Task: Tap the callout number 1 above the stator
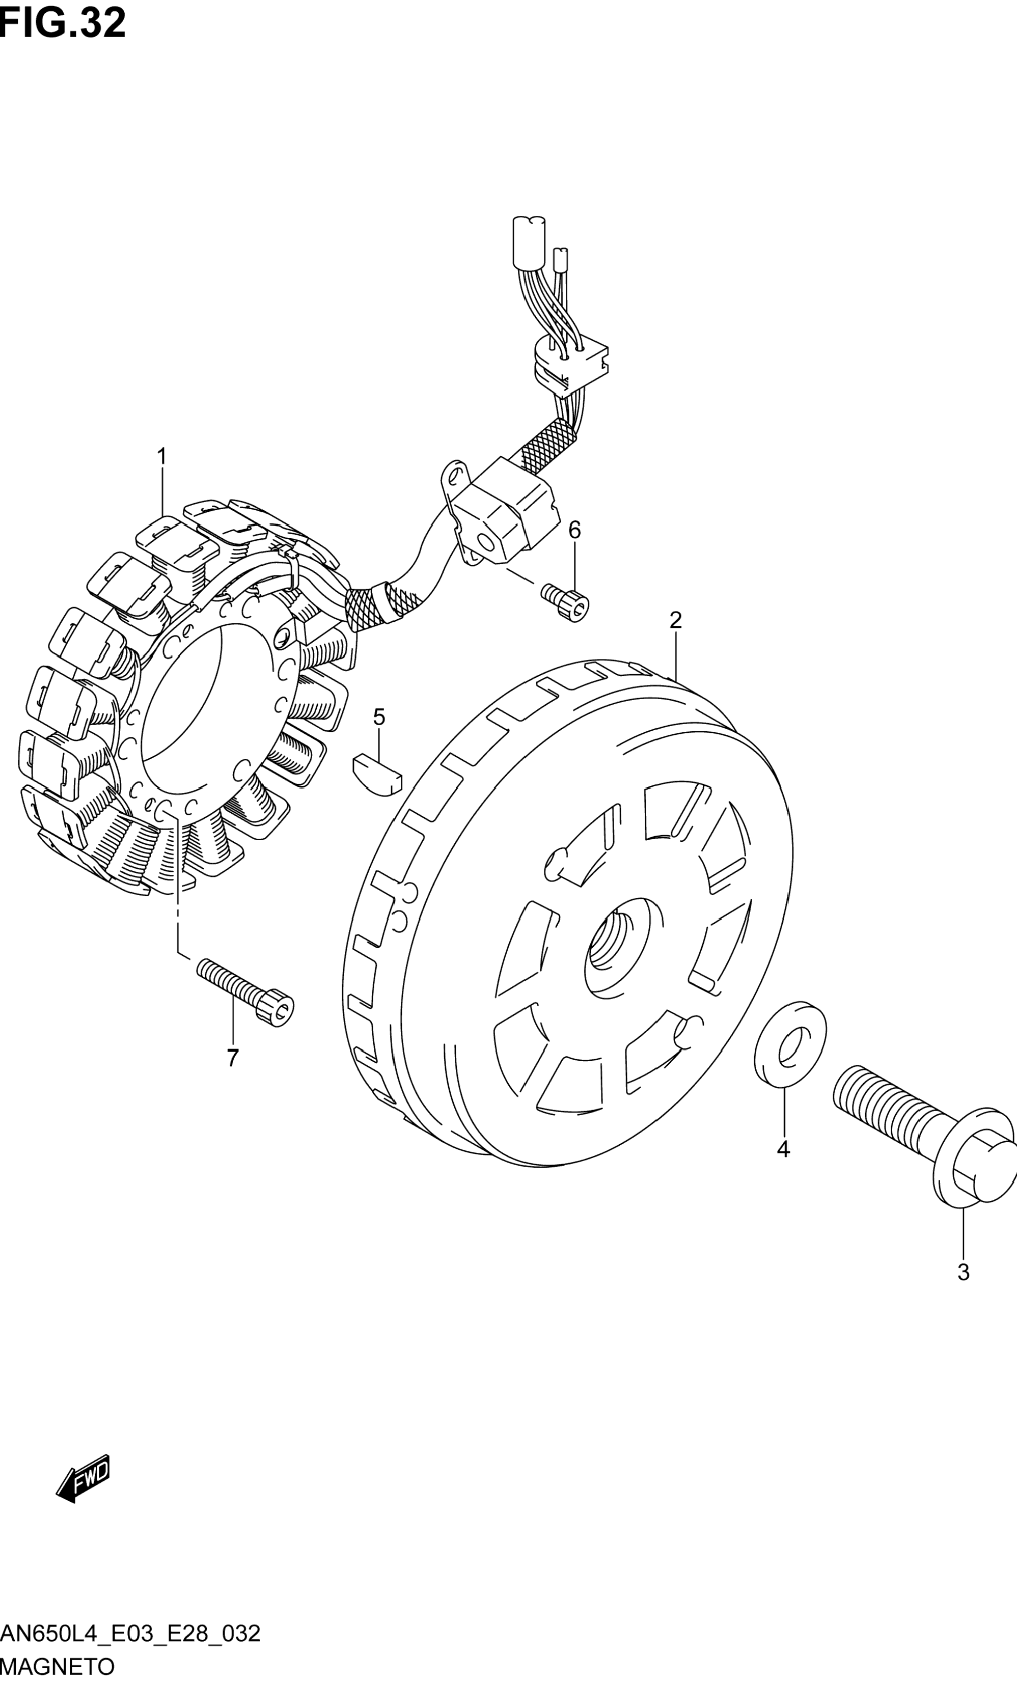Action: pyautogui.click(x=162, y=457)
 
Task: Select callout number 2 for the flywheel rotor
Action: pyautogui.click(x=675, y=621)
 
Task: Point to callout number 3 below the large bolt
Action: pyautogui.click(x=963, y=1273)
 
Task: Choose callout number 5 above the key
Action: pyautogui.click(x=379, y=717)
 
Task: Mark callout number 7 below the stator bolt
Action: pyautogui.click(x=233, y=1058)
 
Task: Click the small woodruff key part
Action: pyautogui.click(x=377, y=774)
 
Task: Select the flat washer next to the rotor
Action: pyautogui.click(x=790, y=1042)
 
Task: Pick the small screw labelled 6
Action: pyautogui.click(x=566, y=602)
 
